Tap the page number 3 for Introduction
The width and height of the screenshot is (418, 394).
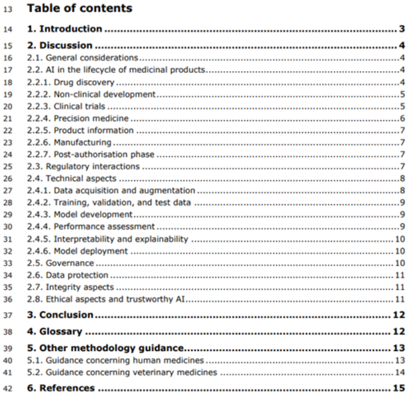[x=400, y=28]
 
